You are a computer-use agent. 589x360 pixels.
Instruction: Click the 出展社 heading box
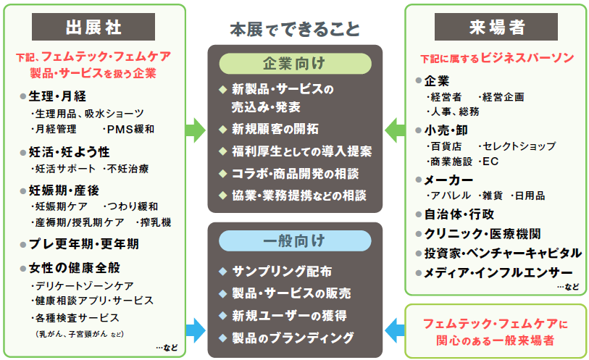tap(93, 27)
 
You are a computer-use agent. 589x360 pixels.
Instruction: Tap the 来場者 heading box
tap(496, 27)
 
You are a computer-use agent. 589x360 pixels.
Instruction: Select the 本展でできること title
tap(294, 30)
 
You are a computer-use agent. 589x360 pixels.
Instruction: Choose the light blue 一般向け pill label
tap(294, 240)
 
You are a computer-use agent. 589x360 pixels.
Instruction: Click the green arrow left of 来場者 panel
tap(395, 130)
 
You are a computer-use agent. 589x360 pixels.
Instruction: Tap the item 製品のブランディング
tap(293, 337)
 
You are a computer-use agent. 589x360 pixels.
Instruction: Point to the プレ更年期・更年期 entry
tap(84, 243)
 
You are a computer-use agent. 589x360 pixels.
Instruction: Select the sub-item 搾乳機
tap(156, 222)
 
